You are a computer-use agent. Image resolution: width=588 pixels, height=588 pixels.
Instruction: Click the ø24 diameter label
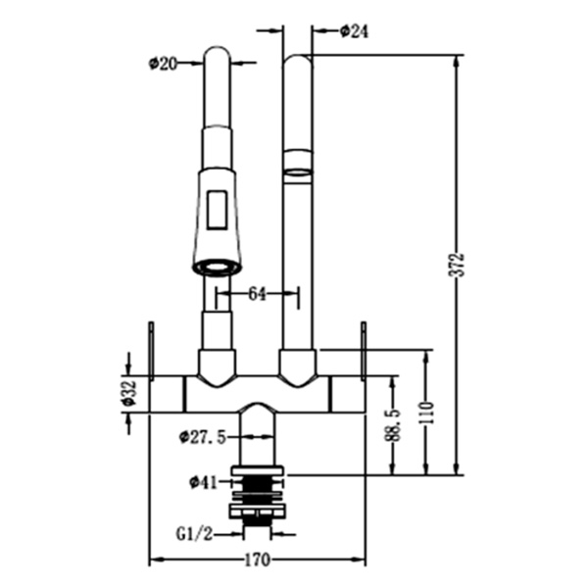(354, 30)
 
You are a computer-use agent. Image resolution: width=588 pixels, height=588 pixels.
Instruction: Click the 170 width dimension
(257, 561)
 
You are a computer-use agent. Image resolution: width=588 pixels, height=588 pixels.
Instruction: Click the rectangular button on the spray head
(218, 209)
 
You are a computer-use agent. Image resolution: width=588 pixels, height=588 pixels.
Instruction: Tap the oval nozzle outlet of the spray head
(218, 266)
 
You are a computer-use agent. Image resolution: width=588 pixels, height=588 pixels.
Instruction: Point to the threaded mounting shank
(257, 495)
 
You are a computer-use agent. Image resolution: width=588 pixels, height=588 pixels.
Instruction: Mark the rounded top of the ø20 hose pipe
(218, 55)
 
